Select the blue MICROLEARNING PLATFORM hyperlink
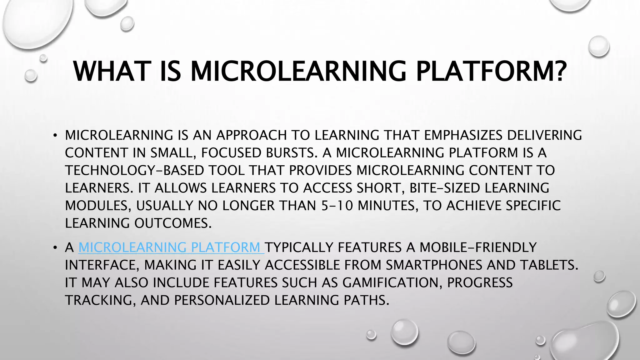point(171,247)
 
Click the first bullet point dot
point(55,136)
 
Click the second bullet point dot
point(55,248)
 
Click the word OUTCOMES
point(173,223)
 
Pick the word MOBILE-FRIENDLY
point(478,247)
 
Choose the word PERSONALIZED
point(222,300)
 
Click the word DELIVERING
point(544,135)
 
